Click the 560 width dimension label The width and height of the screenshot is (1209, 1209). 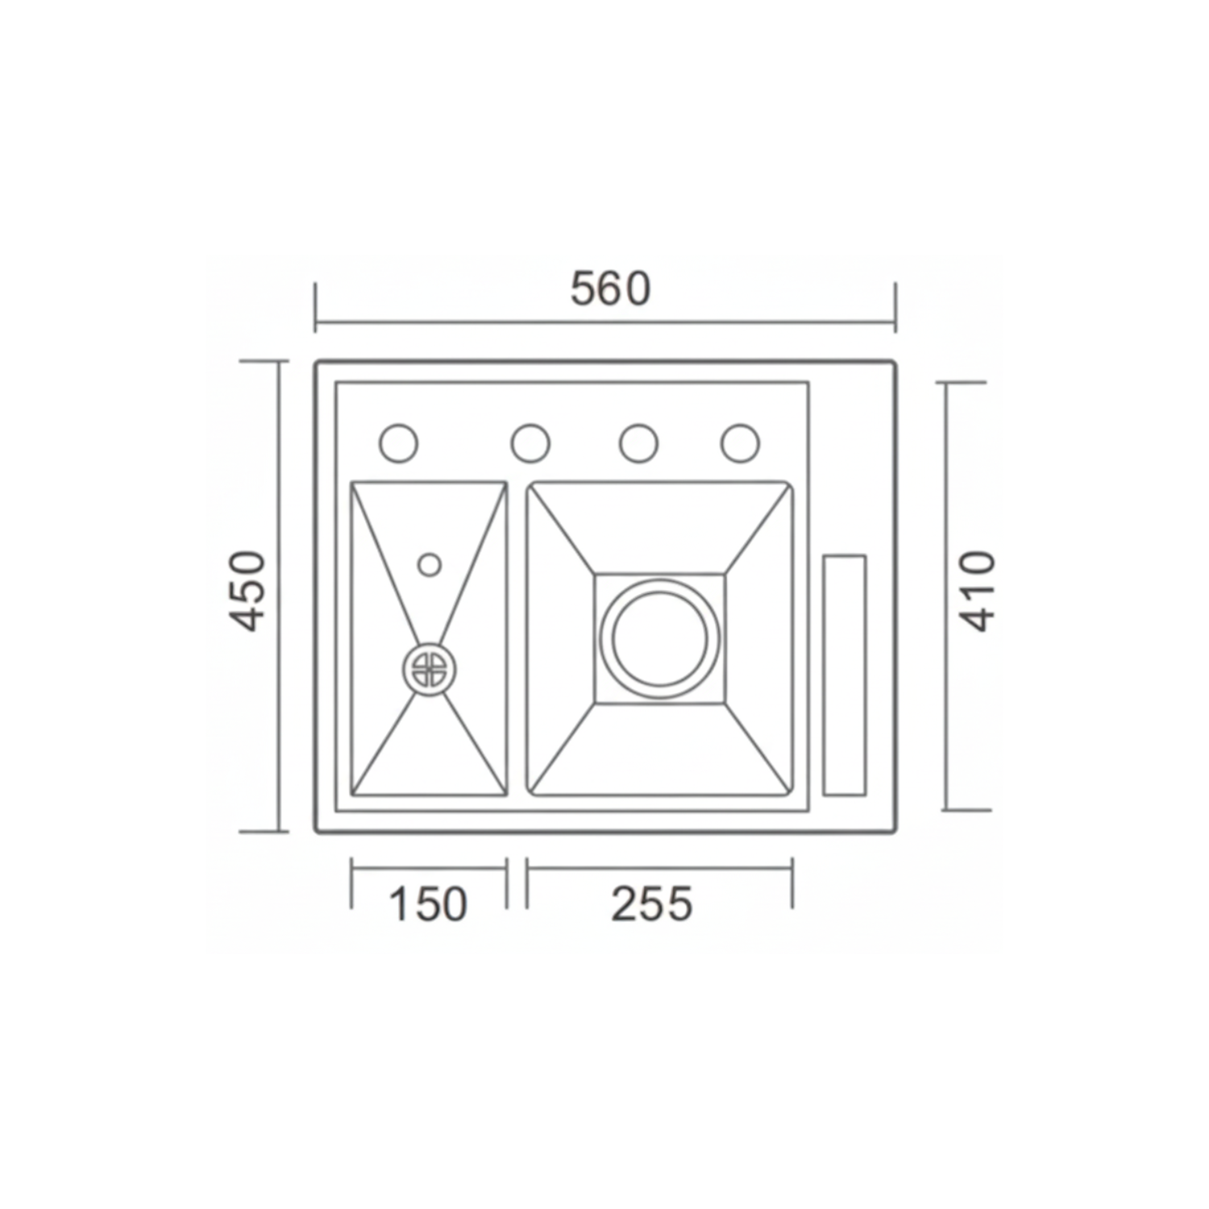pyautogui.click(x=610, y=289)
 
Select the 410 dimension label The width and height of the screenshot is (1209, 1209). pyautogui.click(x=978, y=590)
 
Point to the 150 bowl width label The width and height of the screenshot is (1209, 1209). pyautogui.click(x=428, y=904)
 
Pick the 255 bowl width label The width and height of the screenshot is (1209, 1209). pyautogui.click(x=652, y=904)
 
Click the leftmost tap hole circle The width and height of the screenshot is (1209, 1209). pyautogui.click(x=398, y=443)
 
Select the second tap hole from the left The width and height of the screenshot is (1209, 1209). pyautogui.click(x=530, y=443)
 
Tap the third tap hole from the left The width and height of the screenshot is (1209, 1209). pyautogui.click(x=638, y=443)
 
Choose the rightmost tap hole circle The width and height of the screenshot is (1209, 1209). pyautogui.click(x=740, y=443)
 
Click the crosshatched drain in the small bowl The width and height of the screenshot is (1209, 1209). pyautogui.click(x=429, y=669)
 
